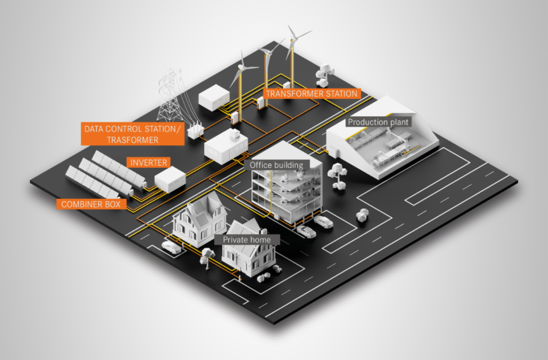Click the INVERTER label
pos(148,162)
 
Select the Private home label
pos(247,239)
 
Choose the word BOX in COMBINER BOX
pos(113,203)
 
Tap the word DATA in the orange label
pos(94,129)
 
